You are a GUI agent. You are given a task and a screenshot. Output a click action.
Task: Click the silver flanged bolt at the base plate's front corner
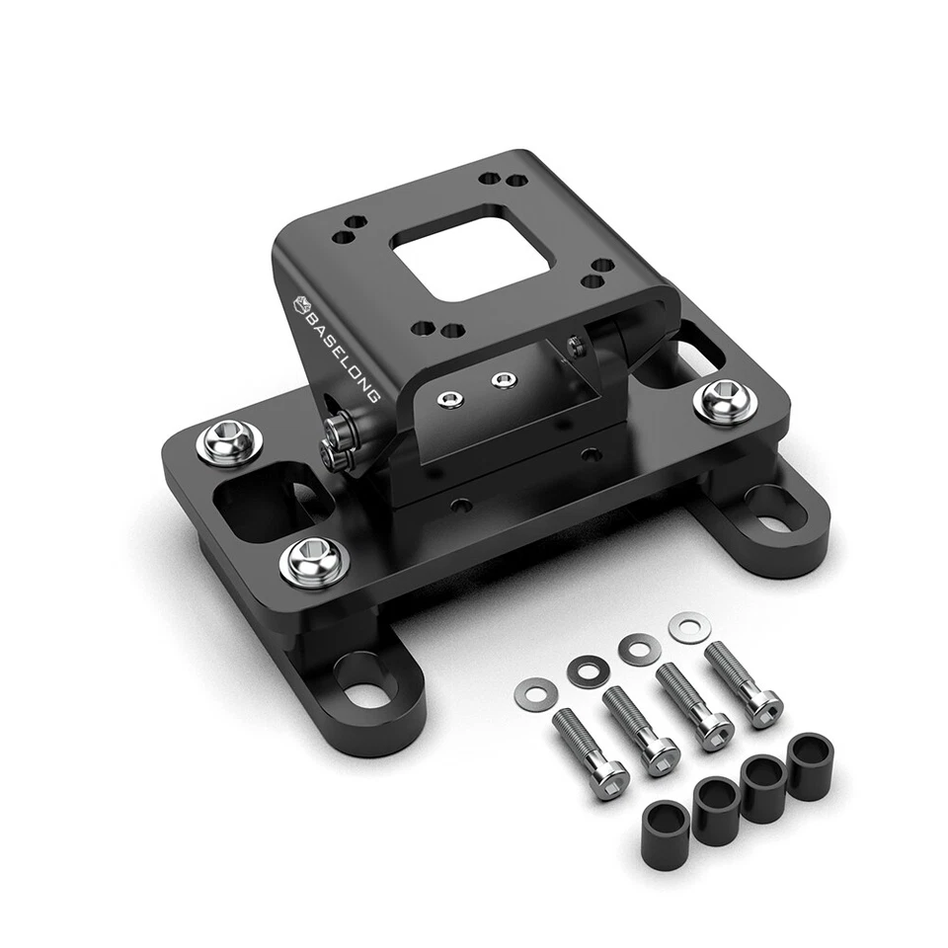click(x=308, y=560)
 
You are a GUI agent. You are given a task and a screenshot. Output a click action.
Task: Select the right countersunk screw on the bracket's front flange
click(x=504, y=379)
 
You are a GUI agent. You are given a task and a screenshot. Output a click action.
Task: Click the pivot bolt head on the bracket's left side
click(x=335, y=432)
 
